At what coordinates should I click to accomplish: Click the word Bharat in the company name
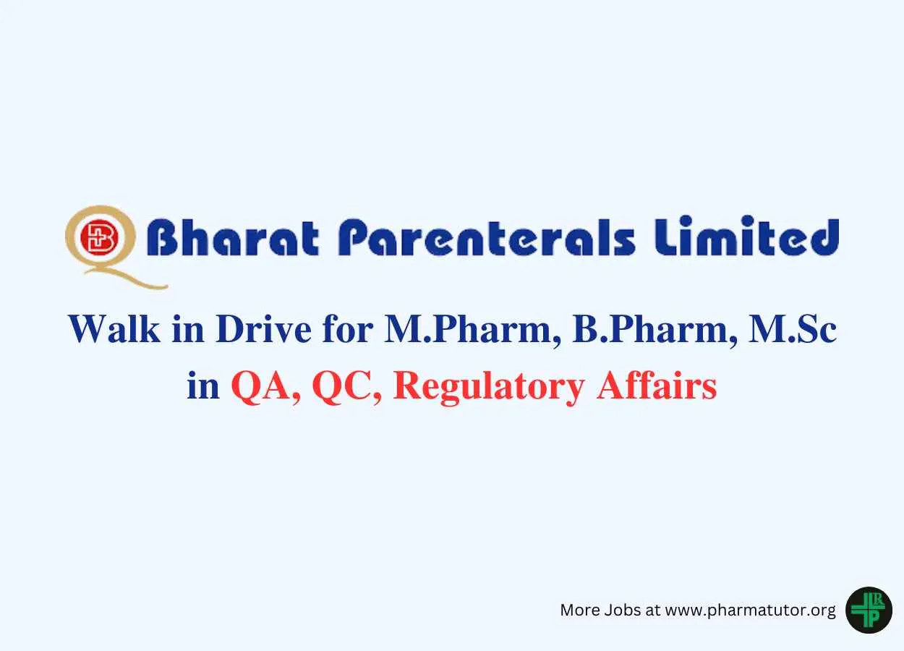pos(233,237)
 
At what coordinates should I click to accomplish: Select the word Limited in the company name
pos(746,236)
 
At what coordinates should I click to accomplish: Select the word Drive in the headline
pos(263,330)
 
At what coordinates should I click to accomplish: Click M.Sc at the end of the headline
pos(792,330)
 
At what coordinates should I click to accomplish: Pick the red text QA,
pos(266,387)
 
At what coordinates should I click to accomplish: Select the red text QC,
pos(346,387)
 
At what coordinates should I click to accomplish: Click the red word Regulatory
pos(489,388)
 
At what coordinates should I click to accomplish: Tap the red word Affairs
pos(657,386)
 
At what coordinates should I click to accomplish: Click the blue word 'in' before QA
pos(203,386)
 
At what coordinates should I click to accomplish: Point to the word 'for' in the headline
pos(347,329)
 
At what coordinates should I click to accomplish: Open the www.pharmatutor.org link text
pos(750,610)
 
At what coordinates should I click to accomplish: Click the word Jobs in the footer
pos(623,610)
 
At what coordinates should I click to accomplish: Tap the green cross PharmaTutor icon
pos(869,610)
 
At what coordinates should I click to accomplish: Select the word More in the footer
pos(580,610)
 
